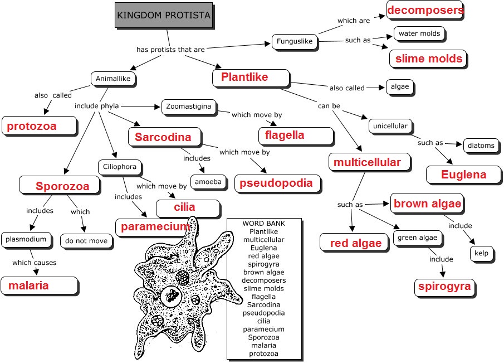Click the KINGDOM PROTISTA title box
164,15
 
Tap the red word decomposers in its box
425,10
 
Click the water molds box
419,33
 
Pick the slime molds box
428,59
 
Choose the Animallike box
113,79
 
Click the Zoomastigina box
189,107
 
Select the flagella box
296,135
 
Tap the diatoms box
481,146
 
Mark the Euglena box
463,175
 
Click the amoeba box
208,182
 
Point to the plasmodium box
26,240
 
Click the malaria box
39,285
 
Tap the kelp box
481,253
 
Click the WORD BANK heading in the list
263,224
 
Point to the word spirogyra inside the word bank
263,264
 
